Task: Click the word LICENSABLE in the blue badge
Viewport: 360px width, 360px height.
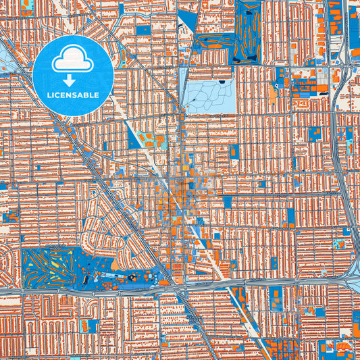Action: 72,95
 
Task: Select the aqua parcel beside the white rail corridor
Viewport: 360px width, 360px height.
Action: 159,141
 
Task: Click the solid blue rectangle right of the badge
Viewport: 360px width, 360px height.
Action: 143,30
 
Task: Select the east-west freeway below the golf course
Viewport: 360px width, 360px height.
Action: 101,288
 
